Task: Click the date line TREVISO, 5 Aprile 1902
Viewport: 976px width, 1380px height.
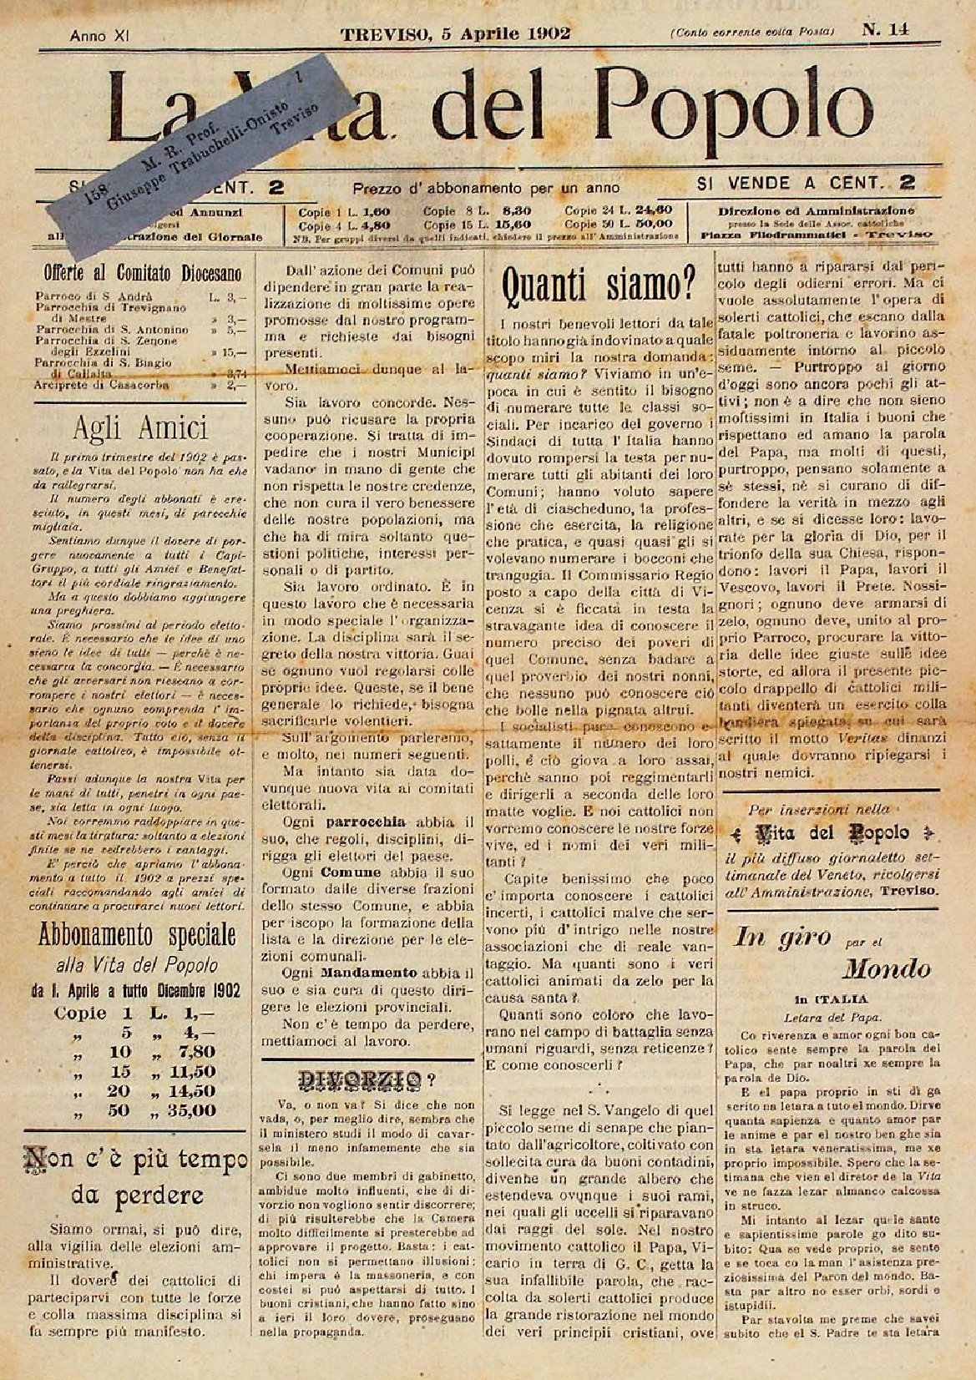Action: [455, 34]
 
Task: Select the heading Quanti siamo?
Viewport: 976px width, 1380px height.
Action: [599, 287]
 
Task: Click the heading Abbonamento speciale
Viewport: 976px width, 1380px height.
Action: [138, 934]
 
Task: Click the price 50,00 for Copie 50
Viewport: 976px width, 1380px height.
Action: [652, 223]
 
